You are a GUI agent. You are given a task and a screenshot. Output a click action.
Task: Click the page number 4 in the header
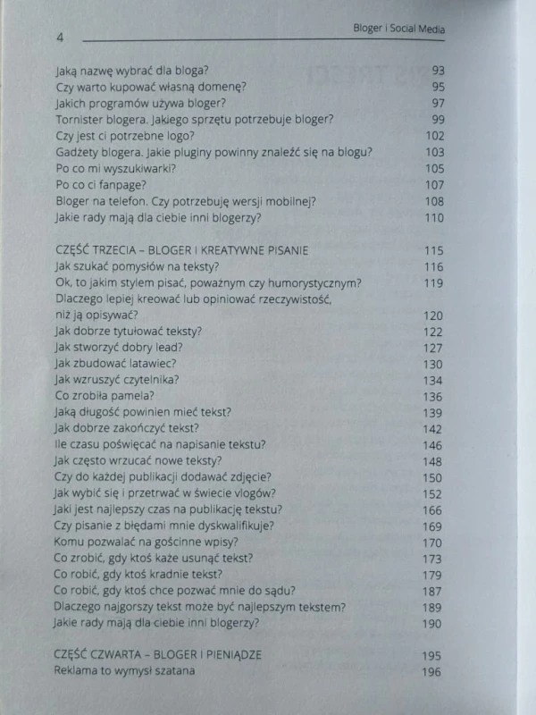tap(59, 38)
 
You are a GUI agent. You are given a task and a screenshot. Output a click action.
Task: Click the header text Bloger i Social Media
tap(399, 29)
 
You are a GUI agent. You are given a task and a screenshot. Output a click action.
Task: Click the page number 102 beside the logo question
tap(434, 136)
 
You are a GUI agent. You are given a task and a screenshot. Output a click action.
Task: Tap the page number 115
tap(434, 250)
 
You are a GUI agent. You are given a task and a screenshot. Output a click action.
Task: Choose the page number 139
tap(433, 412)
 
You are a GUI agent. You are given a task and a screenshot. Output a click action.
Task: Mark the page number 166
tap(433, 509)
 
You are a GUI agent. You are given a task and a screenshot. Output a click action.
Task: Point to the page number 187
tap(433, 591)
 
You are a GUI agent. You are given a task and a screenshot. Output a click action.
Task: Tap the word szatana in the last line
tap(172, 672)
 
